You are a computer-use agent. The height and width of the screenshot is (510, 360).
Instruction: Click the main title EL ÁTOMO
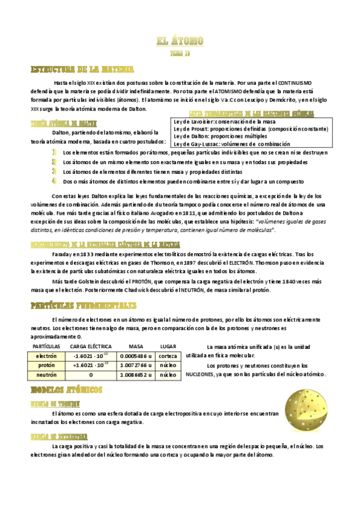180,41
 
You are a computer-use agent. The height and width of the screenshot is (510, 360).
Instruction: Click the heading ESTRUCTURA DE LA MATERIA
82,69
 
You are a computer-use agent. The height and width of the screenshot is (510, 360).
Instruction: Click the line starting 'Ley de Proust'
251,129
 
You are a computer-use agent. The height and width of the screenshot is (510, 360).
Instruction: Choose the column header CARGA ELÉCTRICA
91,346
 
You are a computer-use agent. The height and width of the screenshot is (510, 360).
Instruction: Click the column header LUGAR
168,346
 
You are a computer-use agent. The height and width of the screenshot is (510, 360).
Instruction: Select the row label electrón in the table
46,356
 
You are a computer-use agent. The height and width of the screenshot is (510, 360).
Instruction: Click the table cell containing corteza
168,356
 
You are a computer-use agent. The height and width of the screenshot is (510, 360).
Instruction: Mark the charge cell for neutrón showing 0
91,374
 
